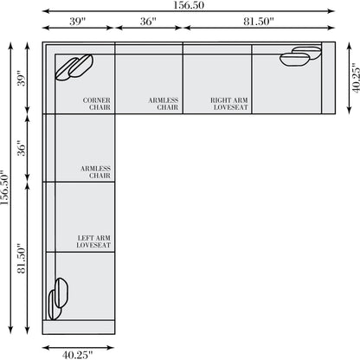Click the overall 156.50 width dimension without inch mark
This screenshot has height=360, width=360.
189,5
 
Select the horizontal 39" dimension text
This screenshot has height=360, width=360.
77,21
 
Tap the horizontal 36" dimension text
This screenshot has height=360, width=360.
148,21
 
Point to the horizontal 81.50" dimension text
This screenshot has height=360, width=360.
259,21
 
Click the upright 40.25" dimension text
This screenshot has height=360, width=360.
78,355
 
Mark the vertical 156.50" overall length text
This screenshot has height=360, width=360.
5,188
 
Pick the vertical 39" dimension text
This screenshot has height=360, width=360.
22,78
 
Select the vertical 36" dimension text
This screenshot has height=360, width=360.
22,148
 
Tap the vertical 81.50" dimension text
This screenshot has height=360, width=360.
22,259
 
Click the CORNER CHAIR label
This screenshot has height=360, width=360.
96,104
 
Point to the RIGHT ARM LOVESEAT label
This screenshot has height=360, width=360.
229,104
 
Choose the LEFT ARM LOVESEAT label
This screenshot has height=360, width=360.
93,241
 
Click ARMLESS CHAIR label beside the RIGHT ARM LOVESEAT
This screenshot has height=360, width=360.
164,104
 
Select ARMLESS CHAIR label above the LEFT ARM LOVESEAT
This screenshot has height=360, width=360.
95,172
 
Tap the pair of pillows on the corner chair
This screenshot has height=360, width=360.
74,67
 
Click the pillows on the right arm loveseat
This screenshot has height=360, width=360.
300,56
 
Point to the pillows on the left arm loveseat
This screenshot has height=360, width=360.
58,299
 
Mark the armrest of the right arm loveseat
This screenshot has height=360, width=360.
328,78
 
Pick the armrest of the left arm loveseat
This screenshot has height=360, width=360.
79,327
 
